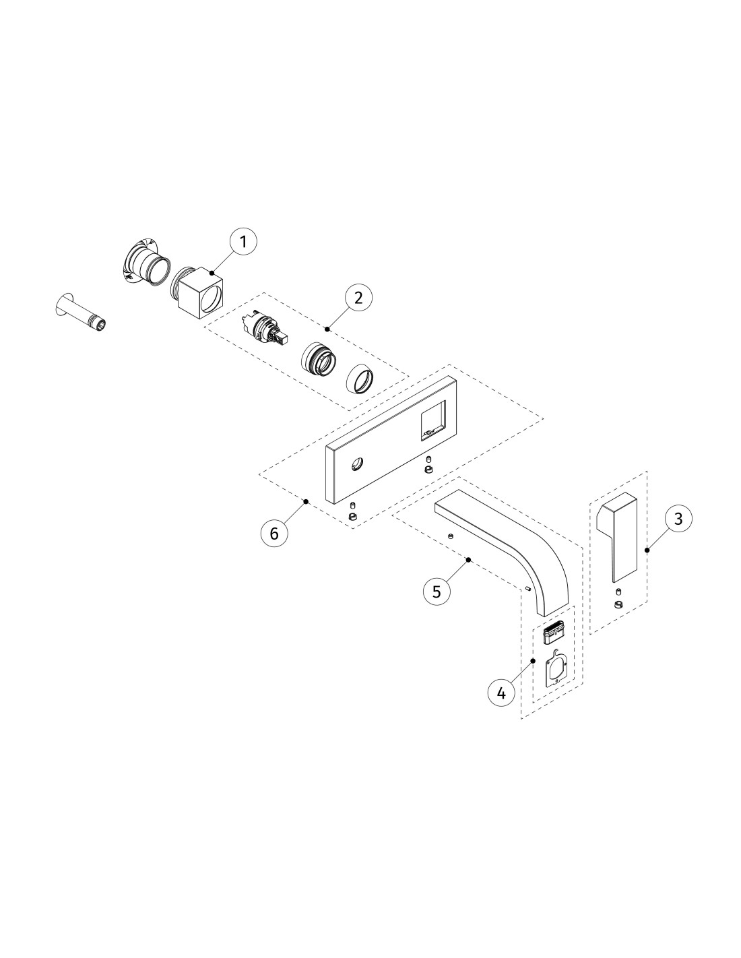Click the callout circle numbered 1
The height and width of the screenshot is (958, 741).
[x=243, y=241]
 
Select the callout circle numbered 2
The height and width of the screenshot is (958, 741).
[x=358, y=298]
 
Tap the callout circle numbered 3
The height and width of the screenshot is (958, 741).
[x=678, y=519]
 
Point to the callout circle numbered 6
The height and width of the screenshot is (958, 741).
[x=275, y=534]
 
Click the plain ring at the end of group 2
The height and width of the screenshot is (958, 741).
[x=360, y=378]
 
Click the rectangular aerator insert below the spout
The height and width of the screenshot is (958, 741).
[x=555, y=635]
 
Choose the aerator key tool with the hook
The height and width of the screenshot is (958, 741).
[x=556, y=668]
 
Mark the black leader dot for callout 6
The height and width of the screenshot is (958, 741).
[x=306, y=501]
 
